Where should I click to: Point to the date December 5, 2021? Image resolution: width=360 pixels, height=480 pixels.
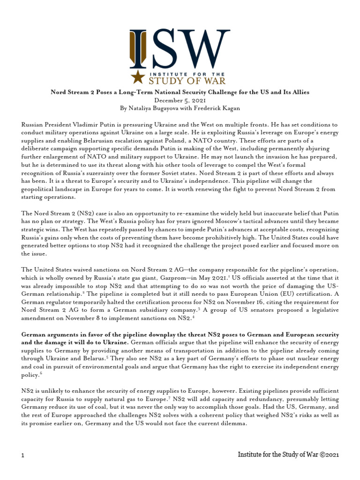(x=180, y=100)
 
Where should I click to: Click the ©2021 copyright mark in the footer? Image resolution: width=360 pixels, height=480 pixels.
(x=326, y=455)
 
